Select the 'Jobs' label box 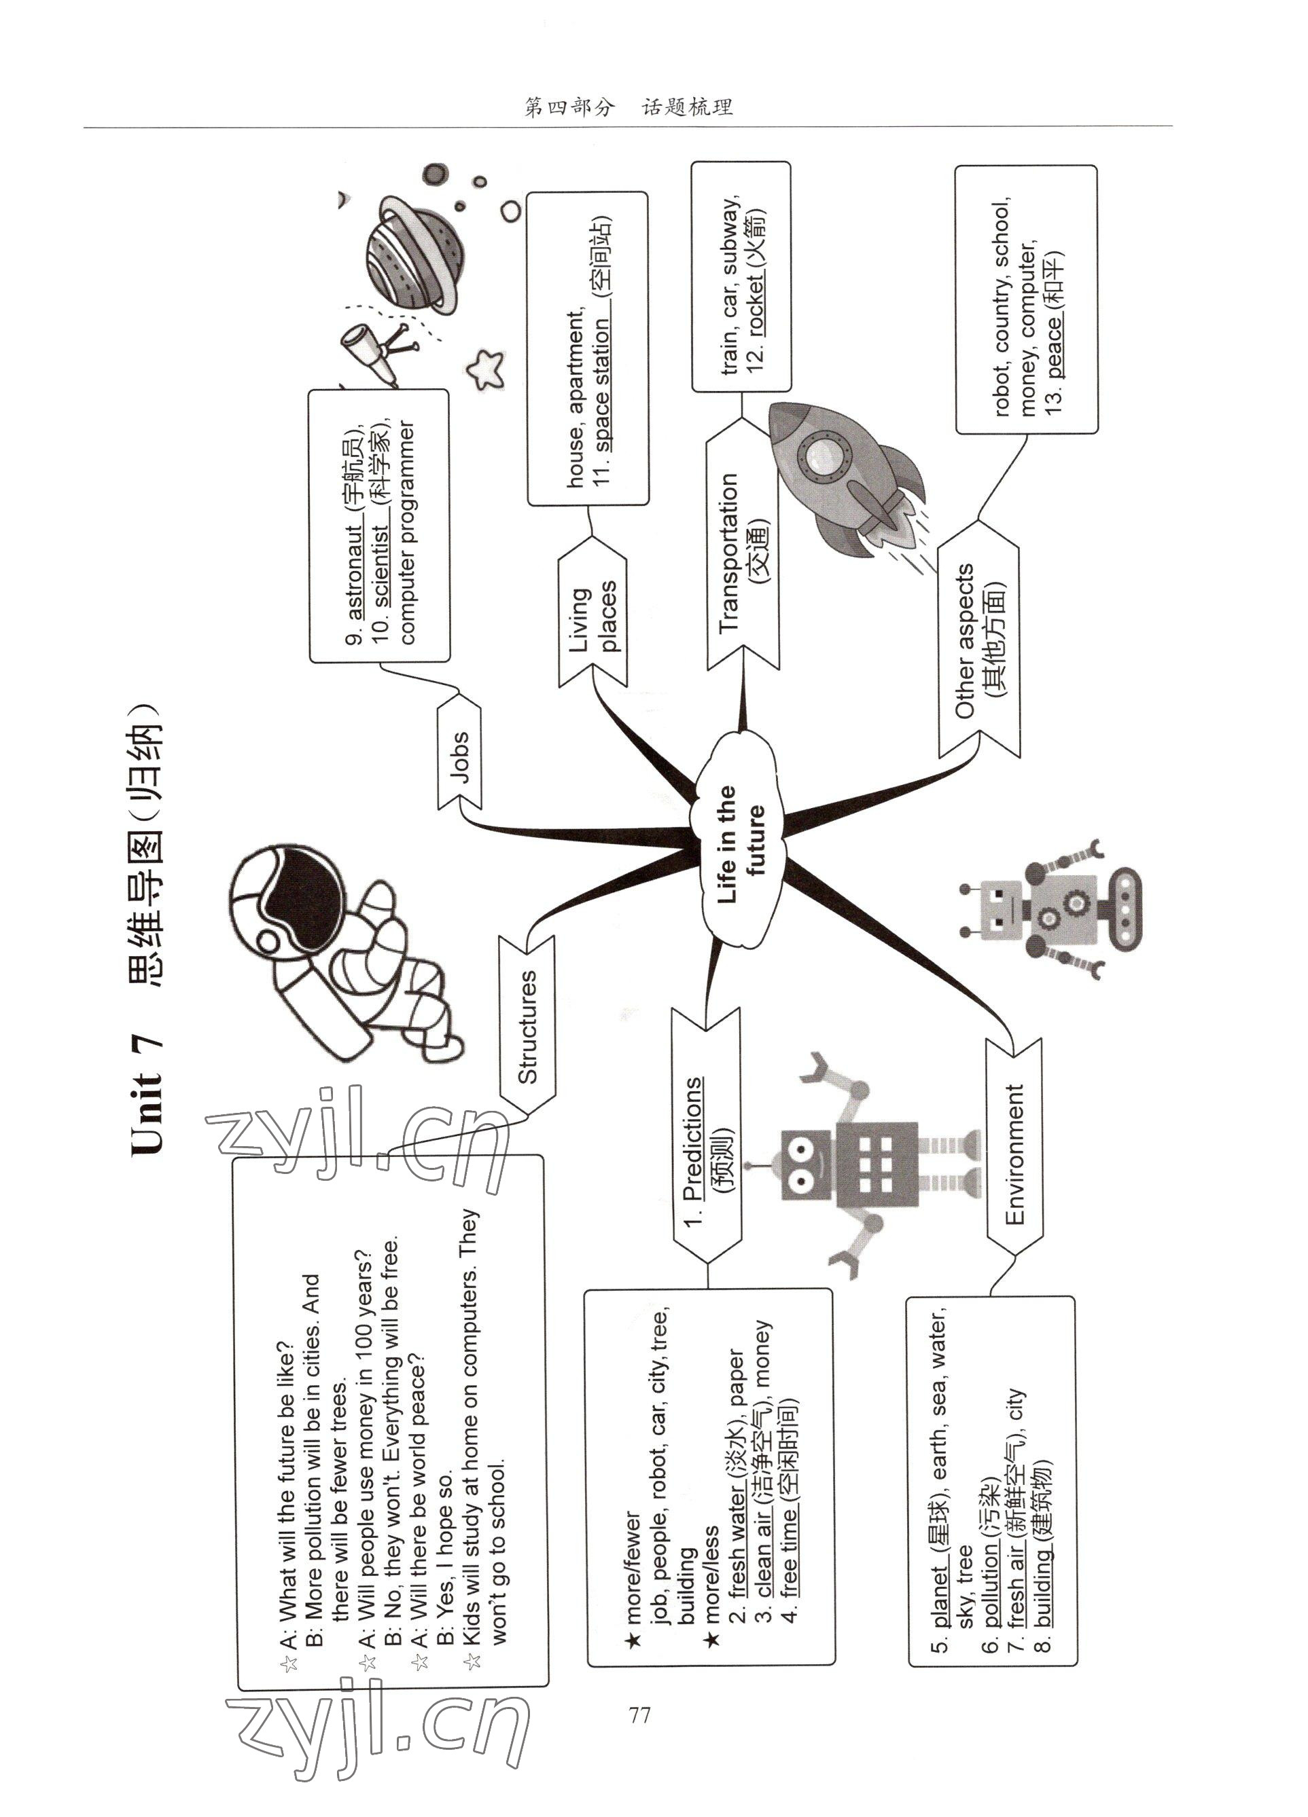click(x=460, y=754)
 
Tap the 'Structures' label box click(x=527, y=1025)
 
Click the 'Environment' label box click(x=1014, y=1154)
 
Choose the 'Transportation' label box click(x=742, y=553)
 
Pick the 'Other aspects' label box click(x=978, y=641)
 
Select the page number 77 click(x=639, y=1714)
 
